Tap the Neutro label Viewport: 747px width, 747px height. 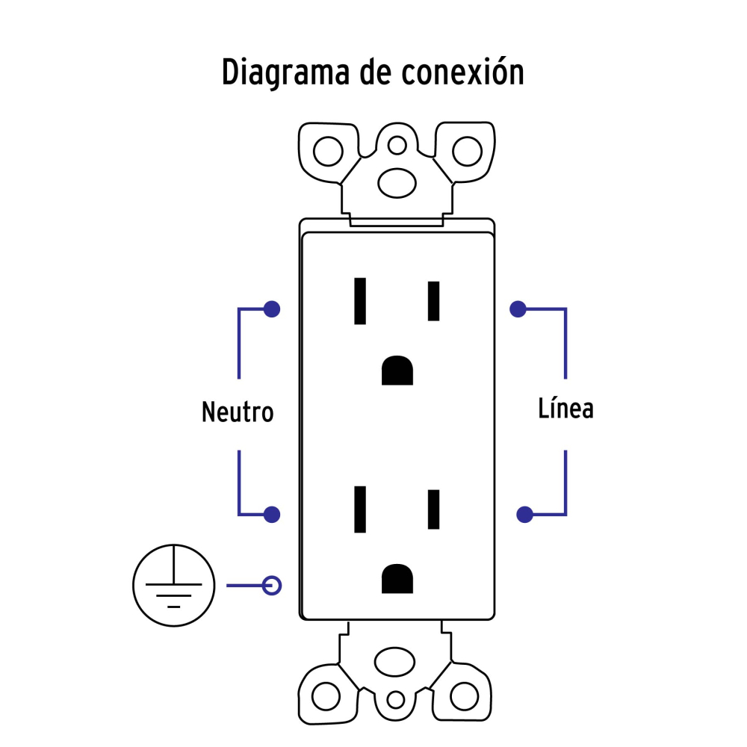click(x=238, y=412)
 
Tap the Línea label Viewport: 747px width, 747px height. click(x=565, y=409)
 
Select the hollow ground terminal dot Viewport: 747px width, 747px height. click(x=273, y=585)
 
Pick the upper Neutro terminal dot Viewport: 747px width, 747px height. click(x=273, y=309)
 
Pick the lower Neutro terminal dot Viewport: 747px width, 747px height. click(x=273, y=514)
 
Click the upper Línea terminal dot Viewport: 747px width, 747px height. click(x=516, y=309)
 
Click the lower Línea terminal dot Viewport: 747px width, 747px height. click(x=525, y=514)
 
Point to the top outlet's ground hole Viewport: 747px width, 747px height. click(x=397, y=372)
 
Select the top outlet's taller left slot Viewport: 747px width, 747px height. click(x=361, y=301)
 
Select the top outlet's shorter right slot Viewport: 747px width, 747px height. click(x=433, y=301)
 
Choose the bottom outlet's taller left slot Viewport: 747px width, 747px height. click(x=361, y=509)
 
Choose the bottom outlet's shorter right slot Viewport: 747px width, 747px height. click(x=433, y=509)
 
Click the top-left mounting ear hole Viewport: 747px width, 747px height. click(x=326, y=152)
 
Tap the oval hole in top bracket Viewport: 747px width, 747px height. click(x=397, y=182)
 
